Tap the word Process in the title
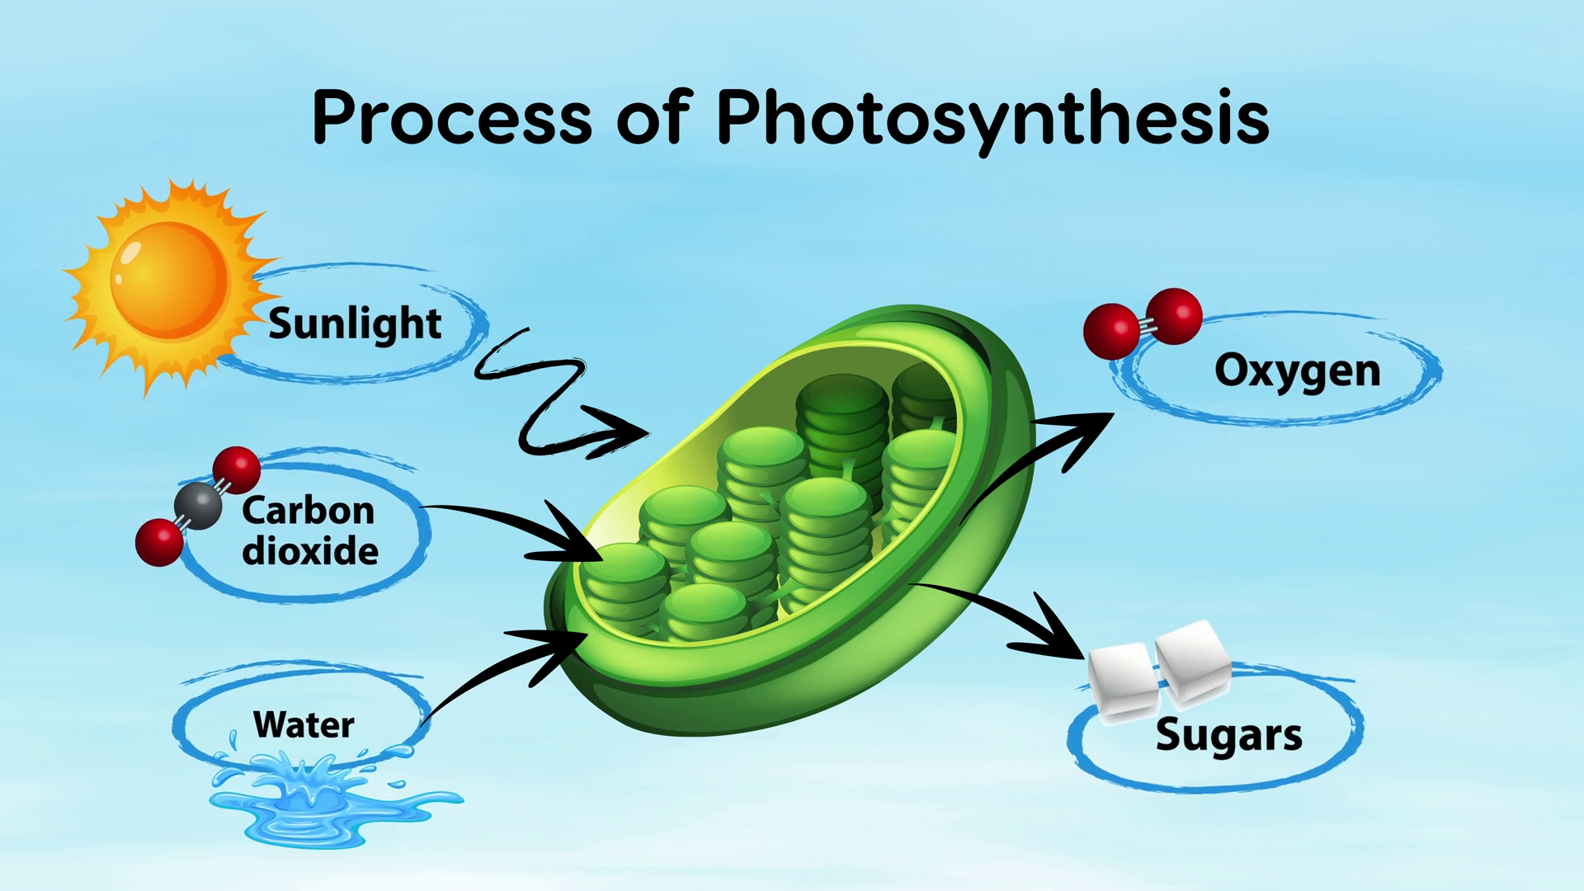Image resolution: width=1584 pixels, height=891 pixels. click(452, 118)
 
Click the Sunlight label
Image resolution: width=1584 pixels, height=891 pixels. click(355, 323)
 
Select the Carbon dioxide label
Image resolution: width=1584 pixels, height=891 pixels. click(309, 530)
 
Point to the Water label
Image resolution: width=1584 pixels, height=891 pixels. click(304, 724)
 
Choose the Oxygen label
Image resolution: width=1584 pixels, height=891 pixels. click(1297, 370)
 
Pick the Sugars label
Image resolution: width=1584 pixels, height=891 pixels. click(1228, 735)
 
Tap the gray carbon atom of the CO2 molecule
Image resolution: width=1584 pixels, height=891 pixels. click(198, 506)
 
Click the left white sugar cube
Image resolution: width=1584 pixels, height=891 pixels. click(1122, 681)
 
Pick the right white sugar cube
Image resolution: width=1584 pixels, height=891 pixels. click(1193, 663)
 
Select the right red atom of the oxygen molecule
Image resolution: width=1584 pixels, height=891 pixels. click(1174, 316)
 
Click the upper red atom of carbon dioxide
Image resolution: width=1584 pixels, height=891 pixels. click(237, 470)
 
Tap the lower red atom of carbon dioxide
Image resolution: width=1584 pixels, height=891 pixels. click(159, 542)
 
